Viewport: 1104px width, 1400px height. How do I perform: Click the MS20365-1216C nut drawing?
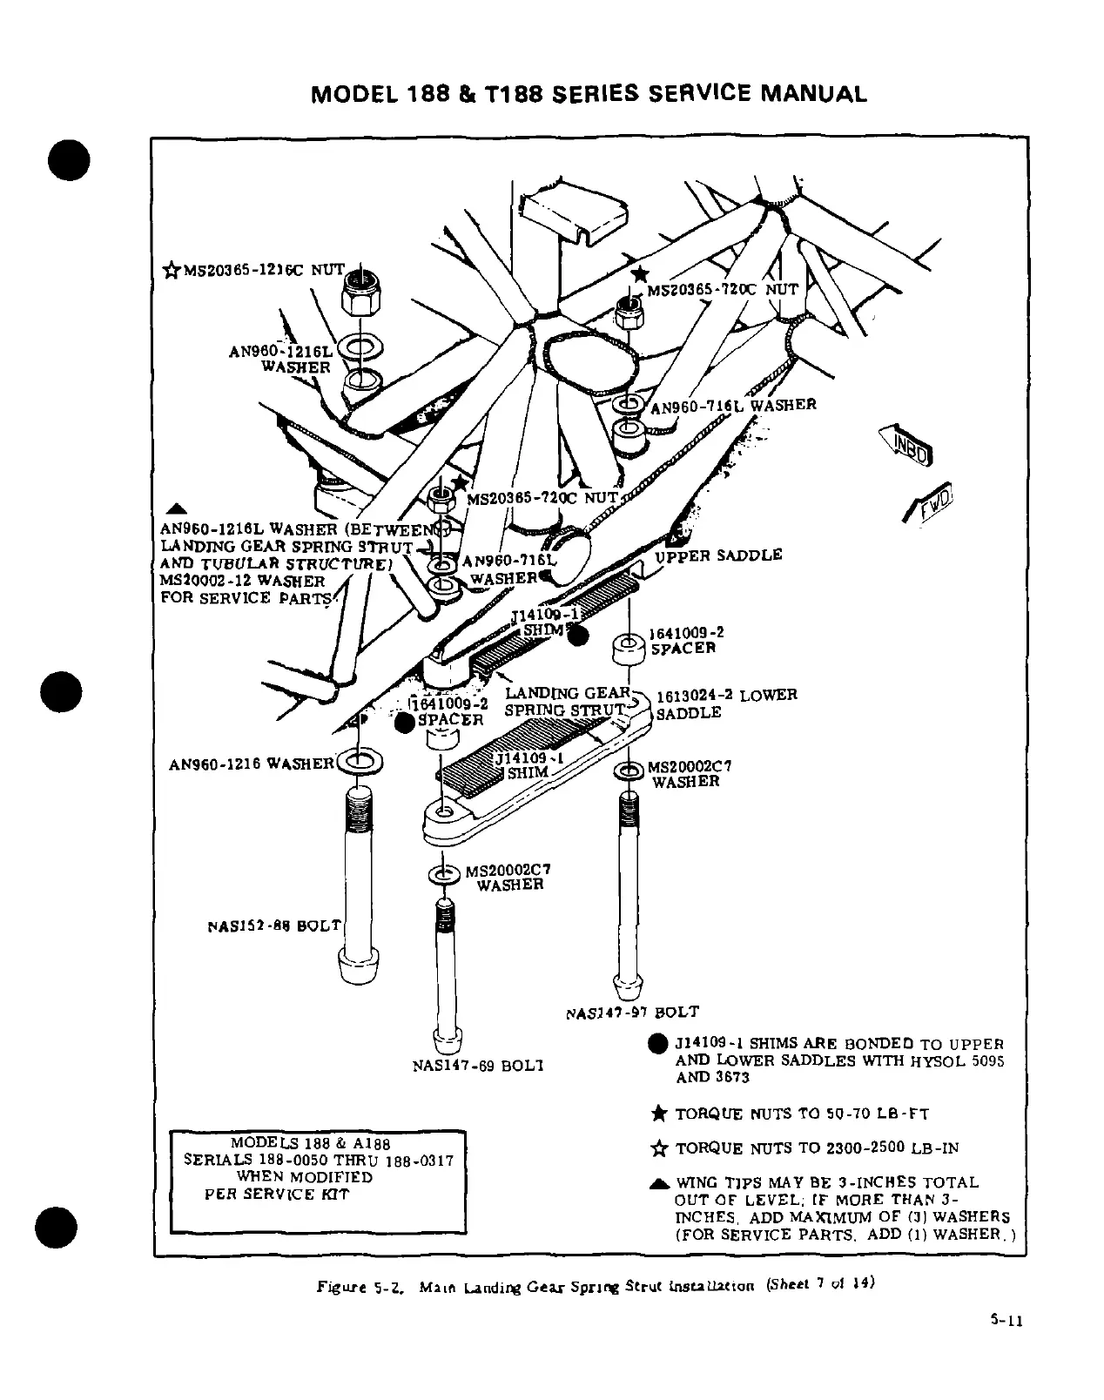pos(360,295)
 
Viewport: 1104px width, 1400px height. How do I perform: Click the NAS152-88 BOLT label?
pos(275,925)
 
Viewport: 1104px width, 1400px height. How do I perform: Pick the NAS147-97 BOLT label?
pos(632,1013)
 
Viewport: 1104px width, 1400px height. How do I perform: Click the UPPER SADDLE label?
pos(718,555)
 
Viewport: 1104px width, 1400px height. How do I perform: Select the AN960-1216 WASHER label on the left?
pos(251,764)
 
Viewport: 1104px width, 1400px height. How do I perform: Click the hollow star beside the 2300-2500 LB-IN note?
pos(659,1148)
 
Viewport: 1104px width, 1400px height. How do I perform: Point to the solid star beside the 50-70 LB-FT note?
pos(659,1114)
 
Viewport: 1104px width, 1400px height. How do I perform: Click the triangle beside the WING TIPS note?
pos(659,1182)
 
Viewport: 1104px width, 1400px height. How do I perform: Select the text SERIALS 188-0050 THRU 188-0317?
pos(319,1161)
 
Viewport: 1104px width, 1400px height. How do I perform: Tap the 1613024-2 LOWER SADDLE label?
pos(725,703)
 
